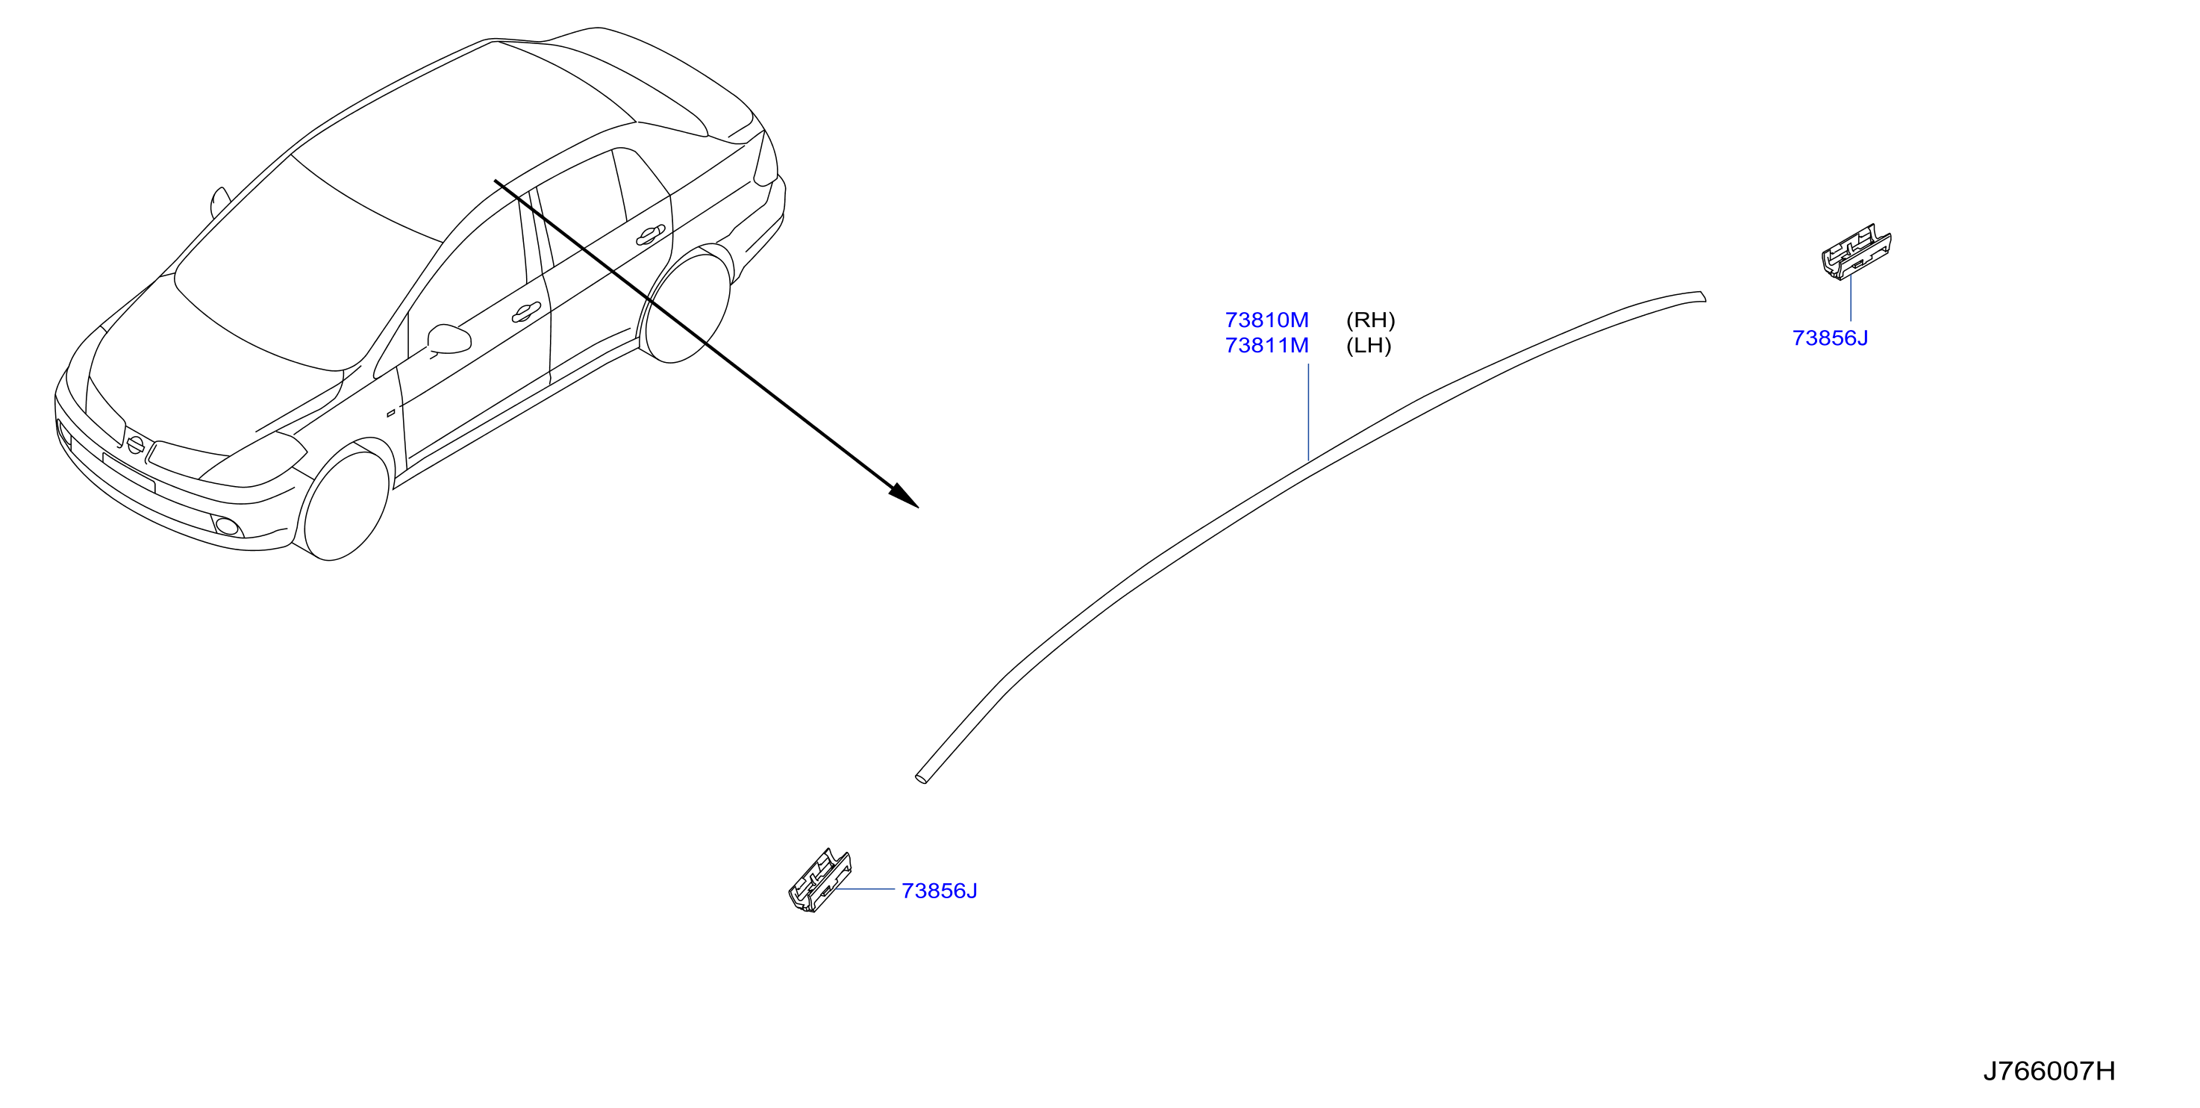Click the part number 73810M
tap(1266, 320)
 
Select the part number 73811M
tap(1266, 346)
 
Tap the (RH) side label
tap(1371, 320)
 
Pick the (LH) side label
tap(1369, 346)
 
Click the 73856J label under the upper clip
tap(1830, 338)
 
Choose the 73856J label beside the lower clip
tap(940, 891)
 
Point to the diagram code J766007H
tap(2049, 1071)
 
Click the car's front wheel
tap(345, 505)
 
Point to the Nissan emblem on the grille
tap(135, 444)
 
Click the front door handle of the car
tap(526, 314)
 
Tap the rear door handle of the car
tap(651, 235)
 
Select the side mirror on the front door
tap(449, 339)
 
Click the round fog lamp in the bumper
tap(227, 526)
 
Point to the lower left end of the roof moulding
tap(921, 778)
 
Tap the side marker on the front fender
tap(391, 414)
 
